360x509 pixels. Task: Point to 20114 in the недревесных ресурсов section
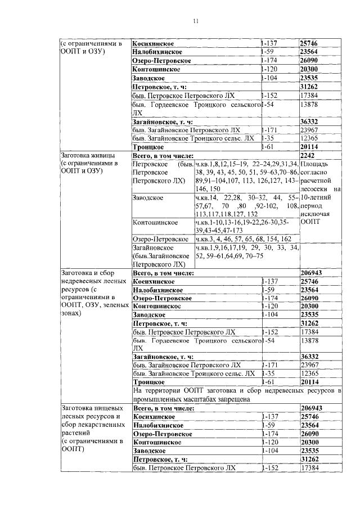tap(310, 381)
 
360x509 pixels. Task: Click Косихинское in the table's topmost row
tap(153, 43)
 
